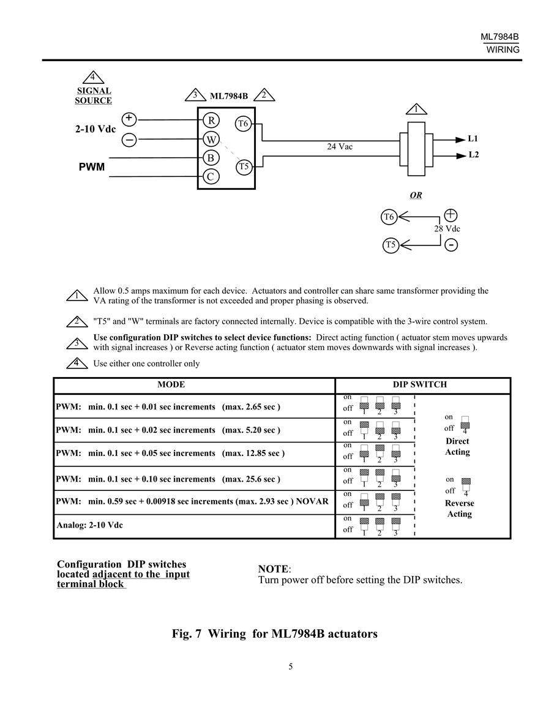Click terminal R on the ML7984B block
pos(211,121)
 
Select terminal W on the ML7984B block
pos(211,140)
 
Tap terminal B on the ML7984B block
pos(211,158)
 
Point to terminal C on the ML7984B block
pos(211,176)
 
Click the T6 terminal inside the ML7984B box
pos(244,123)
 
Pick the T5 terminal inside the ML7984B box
pos(244,167)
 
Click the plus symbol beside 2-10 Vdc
pos(129,119)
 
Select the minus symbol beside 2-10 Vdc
pos(129,140)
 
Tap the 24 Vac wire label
pos(340,146)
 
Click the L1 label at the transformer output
pos(473,138)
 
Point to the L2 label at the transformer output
pos(473,155)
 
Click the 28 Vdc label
pos(447,228)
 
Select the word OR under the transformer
pos(416,195)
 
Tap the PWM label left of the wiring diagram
pos(92,167)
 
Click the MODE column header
pos(171,384)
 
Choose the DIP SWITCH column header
pos(420,384)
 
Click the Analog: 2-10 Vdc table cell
pos(90,525)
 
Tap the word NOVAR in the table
pos(312,501)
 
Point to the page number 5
pos(290,667)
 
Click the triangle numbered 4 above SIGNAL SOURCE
pos(93,78)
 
